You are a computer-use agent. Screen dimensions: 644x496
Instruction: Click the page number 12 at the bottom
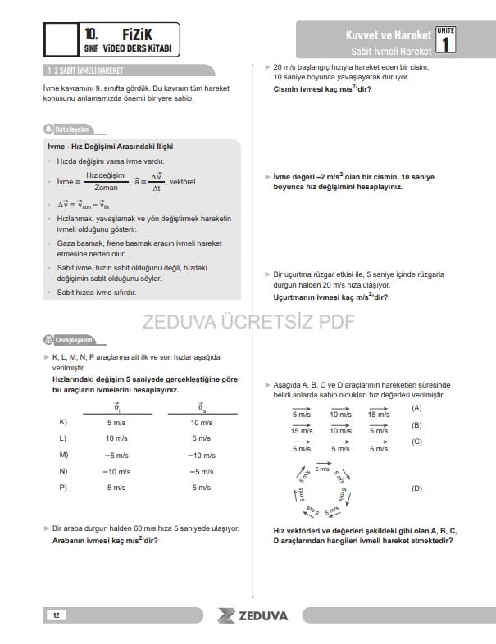[56, 615]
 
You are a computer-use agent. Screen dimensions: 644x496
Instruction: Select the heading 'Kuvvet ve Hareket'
[389, 36]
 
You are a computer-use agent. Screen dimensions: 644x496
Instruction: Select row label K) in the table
[63, 422]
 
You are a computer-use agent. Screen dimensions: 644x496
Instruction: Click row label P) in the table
[63, 488]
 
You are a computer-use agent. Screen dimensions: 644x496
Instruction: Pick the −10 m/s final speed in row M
[201, 455]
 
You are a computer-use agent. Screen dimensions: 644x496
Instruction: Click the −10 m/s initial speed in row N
[116, 471]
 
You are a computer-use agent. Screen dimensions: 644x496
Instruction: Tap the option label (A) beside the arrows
[416, 407]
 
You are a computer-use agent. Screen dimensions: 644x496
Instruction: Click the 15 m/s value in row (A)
[379, 415]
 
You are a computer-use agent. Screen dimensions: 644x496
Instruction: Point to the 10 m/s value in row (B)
[340, 431]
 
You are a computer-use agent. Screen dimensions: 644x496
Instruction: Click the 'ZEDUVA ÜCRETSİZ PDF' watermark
[248, 320]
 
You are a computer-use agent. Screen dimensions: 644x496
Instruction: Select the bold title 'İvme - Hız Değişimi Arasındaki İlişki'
[110, 147]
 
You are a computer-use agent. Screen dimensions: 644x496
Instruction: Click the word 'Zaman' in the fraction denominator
[107, 187]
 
